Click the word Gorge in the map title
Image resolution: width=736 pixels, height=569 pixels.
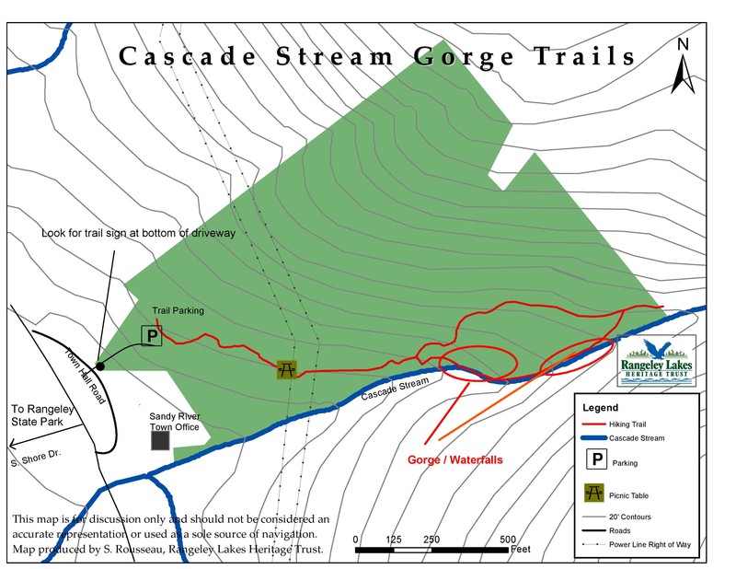[465, 56]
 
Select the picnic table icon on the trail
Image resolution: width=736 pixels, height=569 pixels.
[287, 369]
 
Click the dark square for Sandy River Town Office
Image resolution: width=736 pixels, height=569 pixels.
[160, 440]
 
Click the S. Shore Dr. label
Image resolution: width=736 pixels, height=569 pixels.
[36, 449]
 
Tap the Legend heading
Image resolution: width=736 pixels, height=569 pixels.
[602, 407]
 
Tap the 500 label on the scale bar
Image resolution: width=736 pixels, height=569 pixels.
[508, 540]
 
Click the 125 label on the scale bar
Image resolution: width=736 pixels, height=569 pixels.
[393, 540]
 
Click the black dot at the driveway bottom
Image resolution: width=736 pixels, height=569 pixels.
[100, 366]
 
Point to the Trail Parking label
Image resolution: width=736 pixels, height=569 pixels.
[178, 310]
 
